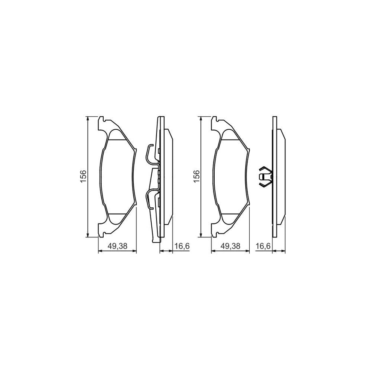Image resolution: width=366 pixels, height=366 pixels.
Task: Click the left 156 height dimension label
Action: click(x=83, y=177)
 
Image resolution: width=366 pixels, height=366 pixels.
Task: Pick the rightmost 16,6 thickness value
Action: click(x=263, y=245)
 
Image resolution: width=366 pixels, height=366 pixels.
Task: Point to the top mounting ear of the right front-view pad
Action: click(x=218, y=121)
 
